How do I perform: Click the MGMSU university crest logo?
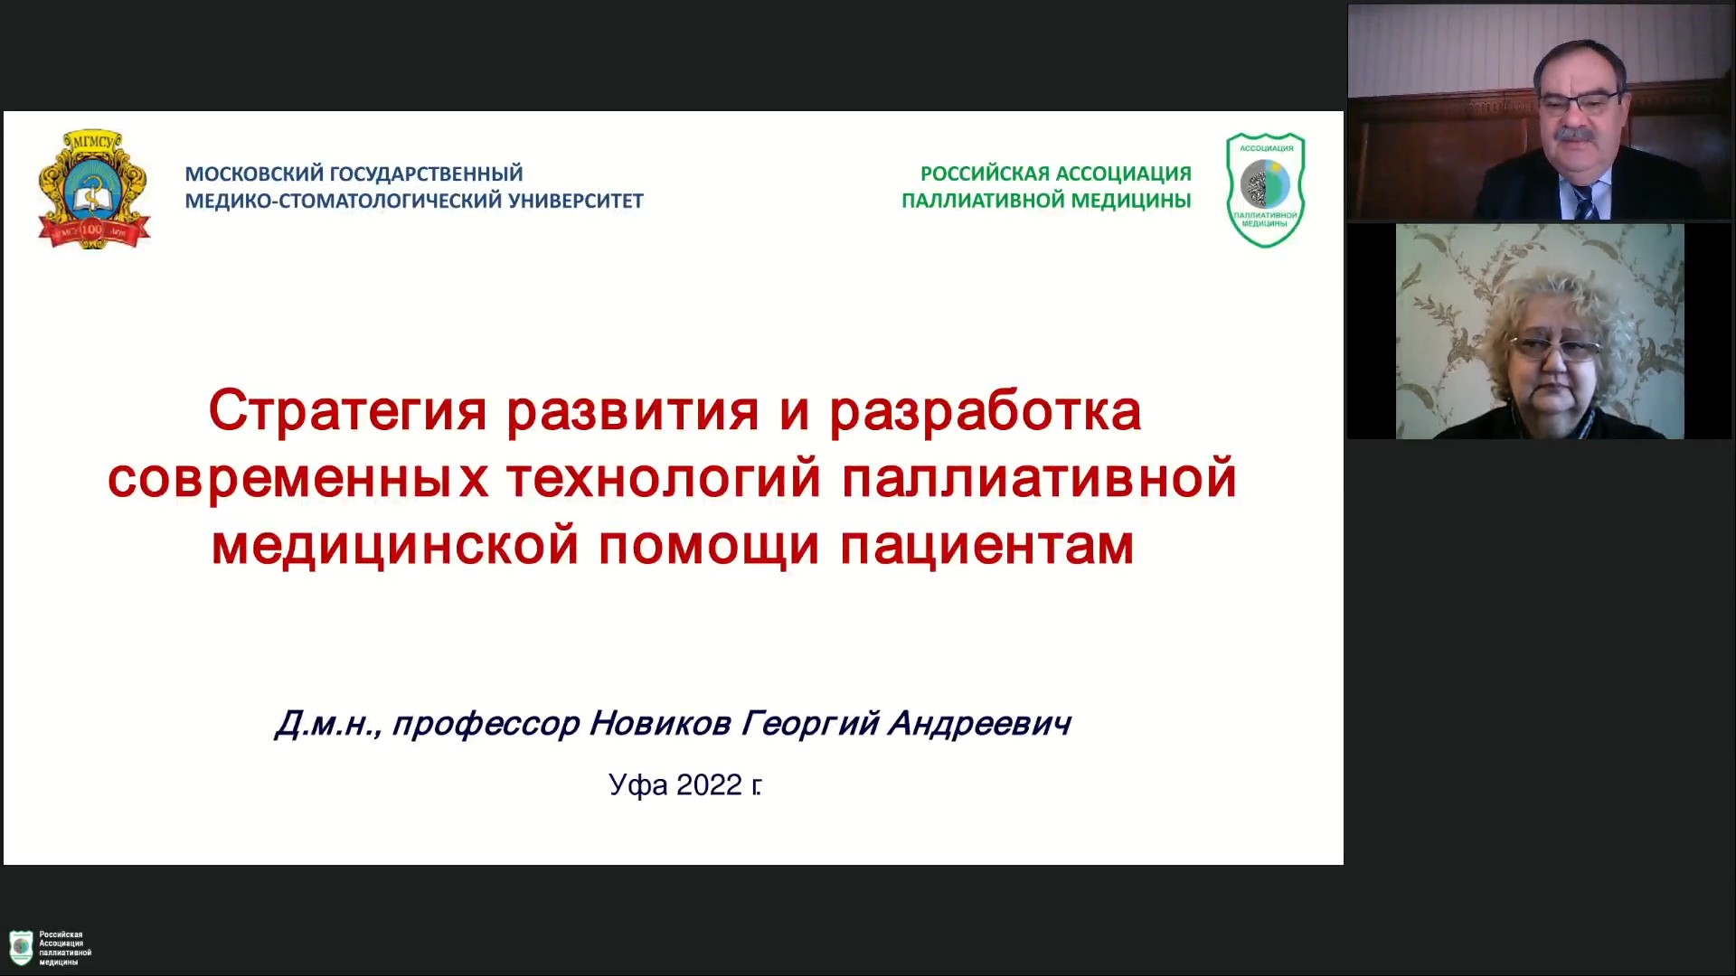[94, 189]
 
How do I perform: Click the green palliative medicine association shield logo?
[1265, 190]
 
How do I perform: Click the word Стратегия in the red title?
[348, 412]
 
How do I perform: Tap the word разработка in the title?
[986, 412]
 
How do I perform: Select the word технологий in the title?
[664, 479]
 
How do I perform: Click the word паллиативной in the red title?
[1039, 479]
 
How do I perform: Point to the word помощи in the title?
[709, 546]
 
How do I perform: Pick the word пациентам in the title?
[987, 546]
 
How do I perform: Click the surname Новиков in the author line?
[659, 724]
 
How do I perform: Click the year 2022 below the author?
[709, 785]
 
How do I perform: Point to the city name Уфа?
[638, 785]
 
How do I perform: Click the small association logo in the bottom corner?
[50, 948]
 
